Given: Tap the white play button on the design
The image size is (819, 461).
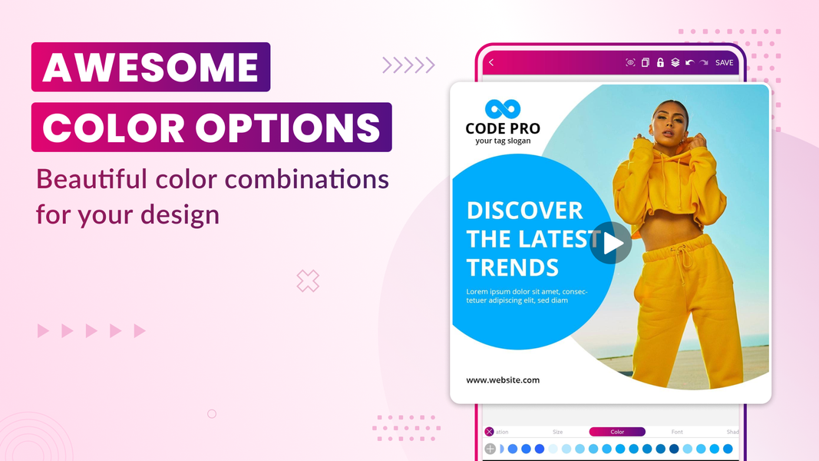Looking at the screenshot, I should point(612,243).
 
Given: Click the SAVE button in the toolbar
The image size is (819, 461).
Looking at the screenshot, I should point(724,62).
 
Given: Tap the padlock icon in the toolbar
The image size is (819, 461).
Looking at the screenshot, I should point(660,62).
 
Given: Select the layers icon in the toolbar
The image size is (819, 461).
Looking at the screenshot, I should point(675,62).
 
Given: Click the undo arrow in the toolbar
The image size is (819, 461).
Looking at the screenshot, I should point(689,62).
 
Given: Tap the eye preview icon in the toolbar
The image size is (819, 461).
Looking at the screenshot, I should point(630,62).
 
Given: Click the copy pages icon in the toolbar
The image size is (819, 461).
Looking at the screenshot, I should point(646,62).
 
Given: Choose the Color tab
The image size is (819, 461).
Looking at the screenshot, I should point(617,432).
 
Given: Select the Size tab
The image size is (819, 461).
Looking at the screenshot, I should point(558,432).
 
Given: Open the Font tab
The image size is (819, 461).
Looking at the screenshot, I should point(677,432).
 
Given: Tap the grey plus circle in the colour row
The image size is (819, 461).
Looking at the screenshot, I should point(490,449).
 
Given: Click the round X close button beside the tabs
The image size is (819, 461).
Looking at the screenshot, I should point(489,432).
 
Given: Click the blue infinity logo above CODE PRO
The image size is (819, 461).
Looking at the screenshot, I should point(503,109).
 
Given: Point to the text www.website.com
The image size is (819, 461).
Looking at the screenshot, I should point(503,380).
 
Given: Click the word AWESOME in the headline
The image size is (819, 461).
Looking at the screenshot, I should point(150,68).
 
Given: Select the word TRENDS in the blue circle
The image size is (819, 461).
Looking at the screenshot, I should point(512,267).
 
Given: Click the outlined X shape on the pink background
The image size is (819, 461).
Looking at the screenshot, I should point(308,281).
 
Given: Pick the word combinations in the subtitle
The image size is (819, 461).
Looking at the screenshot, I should point(307,180).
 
